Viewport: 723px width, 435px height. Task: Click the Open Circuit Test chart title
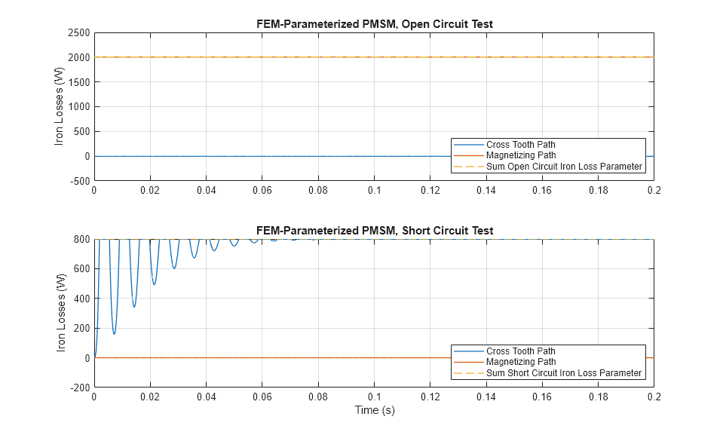[x=374, y=24]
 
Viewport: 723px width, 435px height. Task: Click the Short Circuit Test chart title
[x=374, y=231]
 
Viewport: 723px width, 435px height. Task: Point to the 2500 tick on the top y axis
[x=78, y=32]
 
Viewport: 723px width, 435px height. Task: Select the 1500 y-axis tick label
[x=78, y=82]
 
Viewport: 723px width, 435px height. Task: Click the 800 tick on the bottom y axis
[x=82, y=240]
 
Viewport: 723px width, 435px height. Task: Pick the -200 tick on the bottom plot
[x=80, y=388]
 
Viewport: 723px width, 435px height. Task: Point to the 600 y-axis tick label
[x=82, y=269]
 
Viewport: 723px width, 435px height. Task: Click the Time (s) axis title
[x=374, y=411]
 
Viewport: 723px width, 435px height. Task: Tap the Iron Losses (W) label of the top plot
[x=60, y=106]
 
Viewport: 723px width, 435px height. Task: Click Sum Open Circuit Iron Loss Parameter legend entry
[x=564, y=166]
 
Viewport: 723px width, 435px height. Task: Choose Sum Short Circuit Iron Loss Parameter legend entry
[x=564, y=372]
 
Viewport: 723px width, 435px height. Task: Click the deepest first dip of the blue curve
[x=114, y=334]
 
